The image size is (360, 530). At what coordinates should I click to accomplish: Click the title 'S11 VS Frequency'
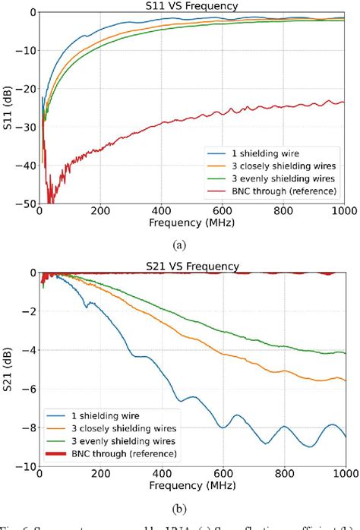(192, 6)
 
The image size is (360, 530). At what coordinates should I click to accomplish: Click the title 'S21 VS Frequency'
(192, 266)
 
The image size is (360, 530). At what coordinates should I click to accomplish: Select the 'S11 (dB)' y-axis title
(8, 108)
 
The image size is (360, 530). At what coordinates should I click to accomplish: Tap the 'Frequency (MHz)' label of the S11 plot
(192, 225)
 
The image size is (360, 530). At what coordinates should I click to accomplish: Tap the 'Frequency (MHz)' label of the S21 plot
(192, 485)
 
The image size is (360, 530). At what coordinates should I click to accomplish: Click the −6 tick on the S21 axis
(28, 389)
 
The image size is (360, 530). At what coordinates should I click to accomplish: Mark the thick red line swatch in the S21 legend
(58, 454)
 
